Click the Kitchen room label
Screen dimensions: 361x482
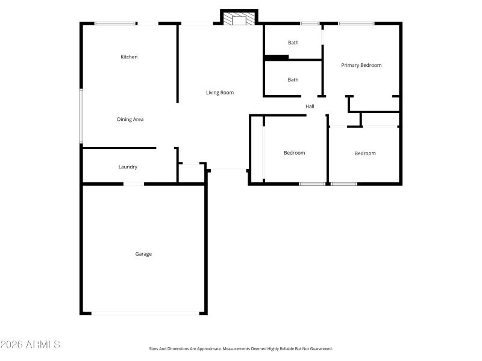(129, 57)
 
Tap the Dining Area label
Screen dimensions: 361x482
(130, 120)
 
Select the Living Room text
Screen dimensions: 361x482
(220, 93)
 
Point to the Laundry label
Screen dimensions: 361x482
(128, 167)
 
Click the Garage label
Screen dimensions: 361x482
(143, 254)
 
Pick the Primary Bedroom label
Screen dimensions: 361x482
(361, 66)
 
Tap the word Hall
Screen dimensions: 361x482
(310, 106)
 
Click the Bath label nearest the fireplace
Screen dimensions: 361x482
(293, 43)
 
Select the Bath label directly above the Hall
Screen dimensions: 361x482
(293, 80)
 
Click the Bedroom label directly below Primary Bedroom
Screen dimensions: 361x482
(365, 153)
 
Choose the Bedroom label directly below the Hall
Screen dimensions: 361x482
(295, 153)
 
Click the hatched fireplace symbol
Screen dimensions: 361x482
(239, 20)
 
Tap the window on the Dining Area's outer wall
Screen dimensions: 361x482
(81, 116)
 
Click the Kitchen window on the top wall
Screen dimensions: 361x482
(114, 23)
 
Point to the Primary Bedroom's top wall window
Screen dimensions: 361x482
(356, 23)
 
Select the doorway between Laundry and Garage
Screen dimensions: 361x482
(134, 184)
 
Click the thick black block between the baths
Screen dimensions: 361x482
(277, 58)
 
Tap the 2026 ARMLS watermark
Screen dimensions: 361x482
(30, 345)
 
